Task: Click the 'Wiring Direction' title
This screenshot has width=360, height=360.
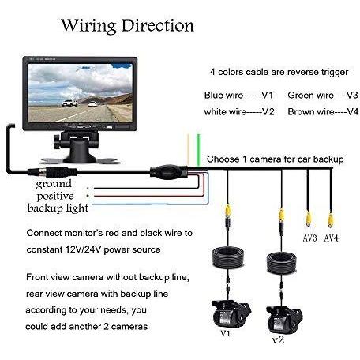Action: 128,26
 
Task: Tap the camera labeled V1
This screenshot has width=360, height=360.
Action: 231,314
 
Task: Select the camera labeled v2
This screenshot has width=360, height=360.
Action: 285,320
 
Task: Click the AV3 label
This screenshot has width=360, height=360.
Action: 309,238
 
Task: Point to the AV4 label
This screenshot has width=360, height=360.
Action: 331,238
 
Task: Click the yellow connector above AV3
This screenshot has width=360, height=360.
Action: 309,219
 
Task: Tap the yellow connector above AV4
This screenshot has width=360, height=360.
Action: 331,220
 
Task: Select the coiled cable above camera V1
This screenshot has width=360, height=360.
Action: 228,257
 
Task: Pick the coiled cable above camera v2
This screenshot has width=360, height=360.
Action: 282,263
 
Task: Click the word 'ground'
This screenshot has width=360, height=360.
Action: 54,184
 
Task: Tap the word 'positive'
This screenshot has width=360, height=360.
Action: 55,197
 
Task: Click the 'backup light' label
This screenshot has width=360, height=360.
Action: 58,208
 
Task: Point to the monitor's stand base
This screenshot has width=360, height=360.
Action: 80,159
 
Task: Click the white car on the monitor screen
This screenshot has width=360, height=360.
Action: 69,103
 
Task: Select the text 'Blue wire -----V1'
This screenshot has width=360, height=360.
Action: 238,95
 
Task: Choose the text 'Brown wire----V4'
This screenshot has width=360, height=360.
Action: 323,112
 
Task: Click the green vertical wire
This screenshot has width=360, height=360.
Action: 198,150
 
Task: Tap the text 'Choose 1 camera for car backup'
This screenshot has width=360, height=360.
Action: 276,159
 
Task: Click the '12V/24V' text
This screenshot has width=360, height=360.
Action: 83,249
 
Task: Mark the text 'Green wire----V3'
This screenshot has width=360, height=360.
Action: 323,95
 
